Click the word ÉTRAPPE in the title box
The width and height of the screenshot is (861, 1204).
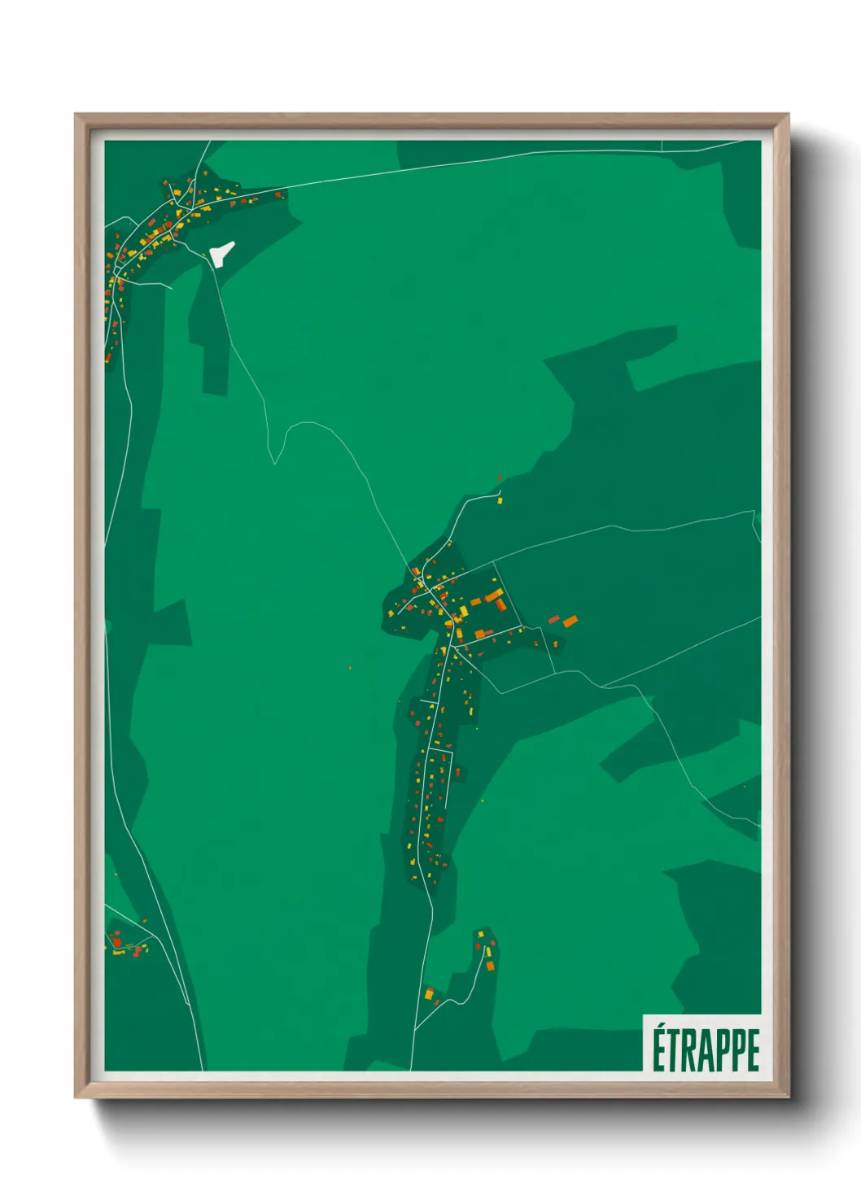tap(706, 1050)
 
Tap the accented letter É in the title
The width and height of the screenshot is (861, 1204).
tap(659, 1049)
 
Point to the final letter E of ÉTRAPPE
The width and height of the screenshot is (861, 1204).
tap(753, 1050)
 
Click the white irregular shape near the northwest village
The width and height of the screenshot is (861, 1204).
tap(221, 253)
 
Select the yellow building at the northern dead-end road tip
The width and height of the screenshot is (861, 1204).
tap(500, 501)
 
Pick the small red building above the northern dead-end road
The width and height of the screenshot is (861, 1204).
tap(499, 478)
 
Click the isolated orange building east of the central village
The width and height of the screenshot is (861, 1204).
tap(570, 622)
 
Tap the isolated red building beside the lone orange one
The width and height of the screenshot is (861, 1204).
tap(554, 619)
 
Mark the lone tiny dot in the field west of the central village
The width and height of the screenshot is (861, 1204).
tap(350, 669)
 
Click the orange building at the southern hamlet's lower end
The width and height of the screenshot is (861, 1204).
tap(490, 966)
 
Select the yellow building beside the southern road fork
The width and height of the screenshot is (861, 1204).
tap(429, 993)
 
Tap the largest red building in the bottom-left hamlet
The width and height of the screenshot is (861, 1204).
tap(116, 942)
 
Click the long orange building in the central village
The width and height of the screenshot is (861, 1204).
tap(494, 597)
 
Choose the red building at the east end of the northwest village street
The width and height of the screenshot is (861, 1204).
tap(279, 194)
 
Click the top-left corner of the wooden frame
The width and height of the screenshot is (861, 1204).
tap(76, 115)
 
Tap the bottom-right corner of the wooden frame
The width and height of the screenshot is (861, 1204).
tap(788, 1097)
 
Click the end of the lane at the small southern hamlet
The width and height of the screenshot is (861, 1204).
tap(481, 932)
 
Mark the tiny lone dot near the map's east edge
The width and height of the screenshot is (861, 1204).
tap(744, 787)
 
